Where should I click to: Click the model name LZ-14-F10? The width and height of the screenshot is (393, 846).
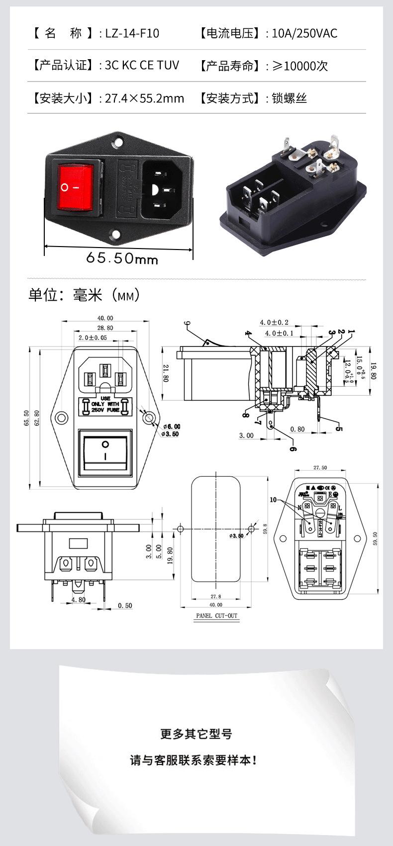(x=132, y=33)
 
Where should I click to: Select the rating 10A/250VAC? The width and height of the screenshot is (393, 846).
(x=304, y=33)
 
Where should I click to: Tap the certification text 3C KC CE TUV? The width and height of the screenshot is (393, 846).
(x=142, y=65)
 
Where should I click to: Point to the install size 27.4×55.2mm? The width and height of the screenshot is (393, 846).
(x=144, y=98)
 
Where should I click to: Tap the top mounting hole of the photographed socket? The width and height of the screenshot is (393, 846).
(x=118, y=138)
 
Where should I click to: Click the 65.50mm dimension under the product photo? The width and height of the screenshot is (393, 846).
(x=122, y=258)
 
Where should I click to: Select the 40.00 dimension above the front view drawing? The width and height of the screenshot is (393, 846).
(x=105, y=318)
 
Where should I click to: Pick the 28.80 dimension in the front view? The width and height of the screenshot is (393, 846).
(x=105, y=328)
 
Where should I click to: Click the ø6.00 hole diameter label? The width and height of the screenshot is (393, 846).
(x=171, y=426)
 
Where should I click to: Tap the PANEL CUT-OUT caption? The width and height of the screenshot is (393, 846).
(x=216, y=616)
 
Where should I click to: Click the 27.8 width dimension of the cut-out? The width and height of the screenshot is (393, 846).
(x=215, y=596)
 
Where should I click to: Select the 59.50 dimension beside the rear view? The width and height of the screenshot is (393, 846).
(x=375, y=538)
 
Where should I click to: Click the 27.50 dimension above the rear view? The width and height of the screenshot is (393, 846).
(x=320, y=468)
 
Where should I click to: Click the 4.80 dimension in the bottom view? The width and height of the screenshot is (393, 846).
(x=78, y=600)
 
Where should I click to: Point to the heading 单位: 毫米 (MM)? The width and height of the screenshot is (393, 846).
(x=85, y=295)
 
